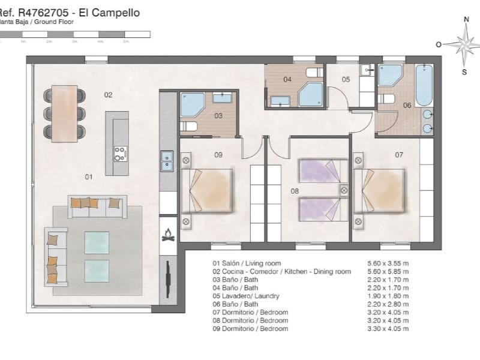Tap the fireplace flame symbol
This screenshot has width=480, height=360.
(x=168, y=235)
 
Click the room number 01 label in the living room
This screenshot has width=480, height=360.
(x=88, y=177)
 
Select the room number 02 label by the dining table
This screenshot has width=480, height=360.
(x=108, y=95)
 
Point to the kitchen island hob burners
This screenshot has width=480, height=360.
(x=120, y=154)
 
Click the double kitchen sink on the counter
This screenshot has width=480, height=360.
(x=167, y=161)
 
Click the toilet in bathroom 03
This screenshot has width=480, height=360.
(x=190, y=126)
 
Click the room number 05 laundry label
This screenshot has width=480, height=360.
(x=346, y=79)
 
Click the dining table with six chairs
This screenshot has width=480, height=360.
(x=64, y=113)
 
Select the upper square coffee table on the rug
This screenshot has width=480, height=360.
(x=97, y=242)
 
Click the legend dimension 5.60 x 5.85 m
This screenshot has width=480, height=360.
(x=388, y=272)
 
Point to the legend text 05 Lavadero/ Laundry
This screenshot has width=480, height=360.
(x=246, y=296)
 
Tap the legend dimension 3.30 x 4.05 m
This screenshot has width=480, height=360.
(x=388, y=329)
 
